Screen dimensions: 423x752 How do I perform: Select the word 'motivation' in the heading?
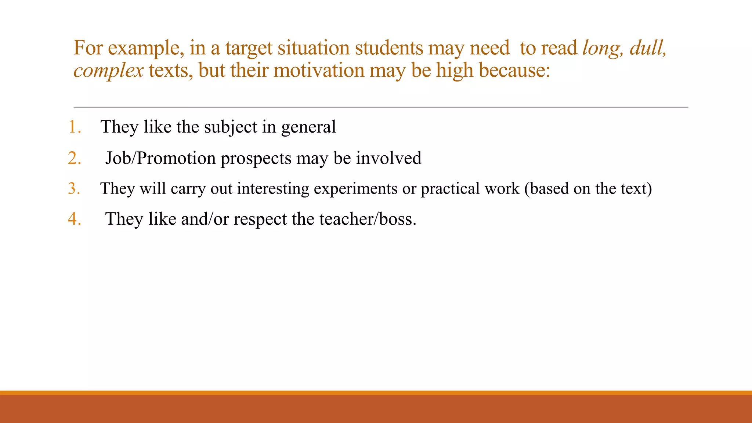319,70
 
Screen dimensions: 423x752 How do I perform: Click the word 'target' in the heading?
249,48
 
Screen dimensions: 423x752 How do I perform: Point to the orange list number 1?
74,127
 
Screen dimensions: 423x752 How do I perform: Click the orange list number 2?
74,158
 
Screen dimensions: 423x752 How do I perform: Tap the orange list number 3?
74,188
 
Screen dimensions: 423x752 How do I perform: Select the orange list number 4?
74,219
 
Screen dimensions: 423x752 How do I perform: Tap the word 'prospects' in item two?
256,158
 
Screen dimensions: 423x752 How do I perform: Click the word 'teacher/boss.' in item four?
368,219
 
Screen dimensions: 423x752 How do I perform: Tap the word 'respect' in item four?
260,219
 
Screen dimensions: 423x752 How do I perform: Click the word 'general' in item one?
308,127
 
